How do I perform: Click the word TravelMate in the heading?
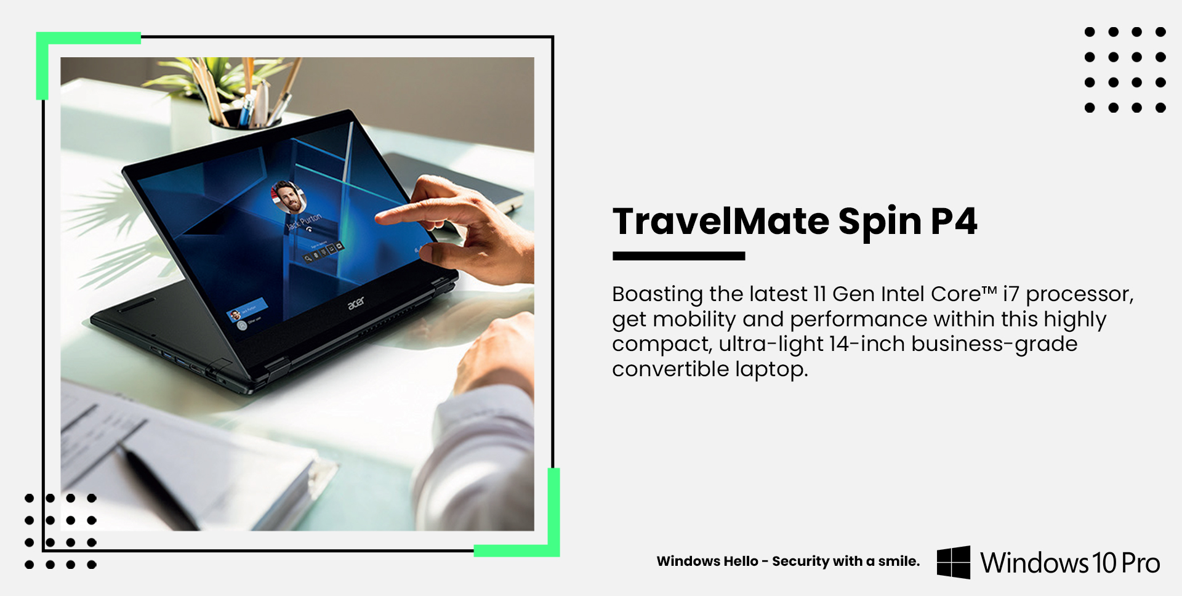pos(721,221)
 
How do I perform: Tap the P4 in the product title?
pos(954,221)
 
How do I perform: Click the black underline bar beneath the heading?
pos(678,256)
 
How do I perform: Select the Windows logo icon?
pos(954,562)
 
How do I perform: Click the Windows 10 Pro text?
pos(1070,563)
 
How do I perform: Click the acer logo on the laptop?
pos(356,302)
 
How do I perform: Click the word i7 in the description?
pos(1011,294)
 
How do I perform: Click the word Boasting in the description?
pos(657,294)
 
